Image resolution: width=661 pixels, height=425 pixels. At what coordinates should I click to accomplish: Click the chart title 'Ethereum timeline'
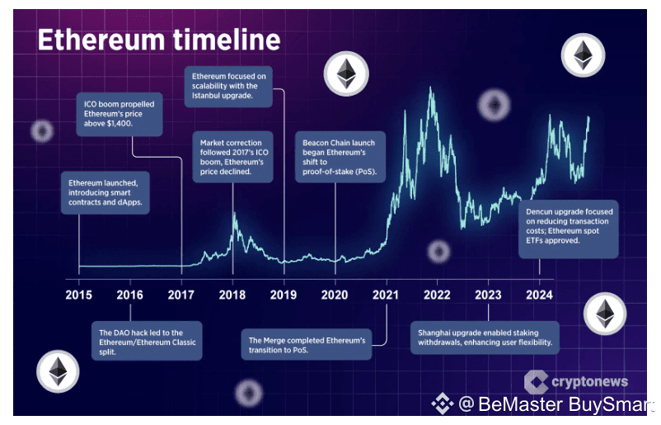[159, 40]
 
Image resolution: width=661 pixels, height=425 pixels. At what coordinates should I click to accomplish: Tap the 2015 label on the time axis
[79, 295]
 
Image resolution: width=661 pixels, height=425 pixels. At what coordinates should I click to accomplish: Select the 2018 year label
[232, 295]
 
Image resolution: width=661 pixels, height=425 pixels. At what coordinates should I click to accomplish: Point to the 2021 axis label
[386, 295]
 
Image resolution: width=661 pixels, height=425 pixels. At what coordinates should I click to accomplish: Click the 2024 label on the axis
[539, 295]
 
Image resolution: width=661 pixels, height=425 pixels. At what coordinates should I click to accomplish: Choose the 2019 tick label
[284, 295]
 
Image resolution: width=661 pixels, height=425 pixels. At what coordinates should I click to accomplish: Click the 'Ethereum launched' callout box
[105, 192]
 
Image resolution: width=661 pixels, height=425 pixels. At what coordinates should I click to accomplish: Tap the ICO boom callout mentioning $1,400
[120, 114]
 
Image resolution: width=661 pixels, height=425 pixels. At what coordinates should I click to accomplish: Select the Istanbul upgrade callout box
[228, 86]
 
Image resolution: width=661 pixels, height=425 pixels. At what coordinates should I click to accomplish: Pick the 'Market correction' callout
[232, 157]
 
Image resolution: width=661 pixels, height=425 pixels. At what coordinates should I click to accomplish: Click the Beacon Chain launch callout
[340, 157]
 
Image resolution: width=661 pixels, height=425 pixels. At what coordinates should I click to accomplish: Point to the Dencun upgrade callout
[569, 229]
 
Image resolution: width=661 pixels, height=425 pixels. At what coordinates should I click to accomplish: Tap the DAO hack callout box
[148, 341]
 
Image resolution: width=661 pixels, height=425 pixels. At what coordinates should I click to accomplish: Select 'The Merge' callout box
[307, 344]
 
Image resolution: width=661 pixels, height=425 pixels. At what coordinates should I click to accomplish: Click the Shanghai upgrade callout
[485, 338]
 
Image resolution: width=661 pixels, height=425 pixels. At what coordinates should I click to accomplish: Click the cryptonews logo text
[590, 381]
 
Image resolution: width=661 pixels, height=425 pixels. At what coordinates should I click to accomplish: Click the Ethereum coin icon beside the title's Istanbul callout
[346, 73]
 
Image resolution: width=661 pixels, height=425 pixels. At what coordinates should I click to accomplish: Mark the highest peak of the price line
[430, 87]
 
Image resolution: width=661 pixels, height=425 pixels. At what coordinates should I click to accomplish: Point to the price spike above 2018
[234, 213]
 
